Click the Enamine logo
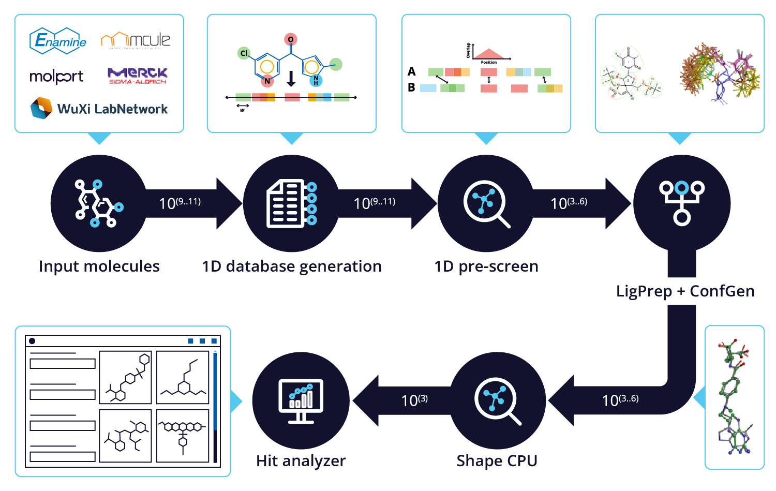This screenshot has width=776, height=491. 58,41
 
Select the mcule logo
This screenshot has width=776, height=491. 136,40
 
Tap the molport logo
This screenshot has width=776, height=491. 56,77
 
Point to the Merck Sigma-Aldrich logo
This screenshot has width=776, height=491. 137,76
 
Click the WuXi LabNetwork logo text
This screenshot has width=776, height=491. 112,109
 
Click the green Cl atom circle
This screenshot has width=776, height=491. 244,53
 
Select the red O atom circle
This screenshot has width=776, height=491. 290,39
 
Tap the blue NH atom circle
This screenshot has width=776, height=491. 316,80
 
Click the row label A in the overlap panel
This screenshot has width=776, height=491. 411,71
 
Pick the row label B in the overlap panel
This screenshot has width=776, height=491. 411,87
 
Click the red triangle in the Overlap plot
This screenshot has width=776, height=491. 489,54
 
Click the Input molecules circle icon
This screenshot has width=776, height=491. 99,203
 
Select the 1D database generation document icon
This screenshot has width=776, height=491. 291,203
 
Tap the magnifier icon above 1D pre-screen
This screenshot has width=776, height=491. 486,203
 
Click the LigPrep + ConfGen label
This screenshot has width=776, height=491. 685,291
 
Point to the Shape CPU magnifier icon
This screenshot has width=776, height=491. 497,400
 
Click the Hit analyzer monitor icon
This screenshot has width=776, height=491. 301,400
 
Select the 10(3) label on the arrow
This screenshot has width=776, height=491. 414,400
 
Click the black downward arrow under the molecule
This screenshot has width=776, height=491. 291,79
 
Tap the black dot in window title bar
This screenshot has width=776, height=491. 32,341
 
